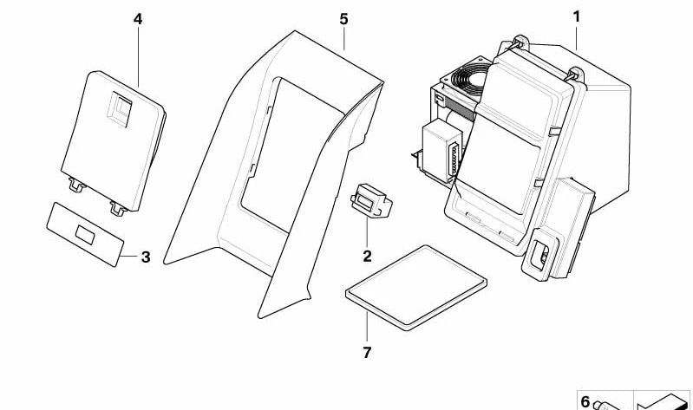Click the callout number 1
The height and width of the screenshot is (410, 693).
click(x=576, y=17)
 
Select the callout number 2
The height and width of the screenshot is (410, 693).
click(x=367, y=257)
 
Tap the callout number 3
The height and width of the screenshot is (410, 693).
click(x=146, y=257)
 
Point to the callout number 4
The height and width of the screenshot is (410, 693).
click(x=138, y=19)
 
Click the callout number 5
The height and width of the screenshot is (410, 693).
click(x=343, y=19)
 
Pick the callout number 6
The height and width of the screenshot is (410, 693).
click(x=585, y=401)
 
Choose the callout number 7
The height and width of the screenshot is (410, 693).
click(x=367, y=353)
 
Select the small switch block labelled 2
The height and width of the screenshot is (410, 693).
click(x=371, y=200)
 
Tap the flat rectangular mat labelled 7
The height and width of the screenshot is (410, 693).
click(x=416, y=288)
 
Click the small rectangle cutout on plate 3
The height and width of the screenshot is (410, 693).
click(x=85, y=235)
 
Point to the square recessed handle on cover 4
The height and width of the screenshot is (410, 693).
click(x=120, y=108)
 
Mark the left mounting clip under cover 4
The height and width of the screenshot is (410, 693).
click(x=77, y=185)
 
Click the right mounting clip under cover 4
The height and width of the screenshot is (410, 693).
click(x=119, y=208)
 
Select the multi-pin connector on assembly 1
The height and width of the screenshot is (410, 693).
click(x=454, y=159)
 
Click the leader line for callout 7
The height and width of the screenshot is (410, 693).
click(x=367, y=327)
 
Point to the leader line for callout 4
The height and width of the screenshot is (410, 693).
click(x=138, y=57)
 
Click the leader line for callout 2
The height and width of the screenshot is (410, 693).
click(x=367, y=233)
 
